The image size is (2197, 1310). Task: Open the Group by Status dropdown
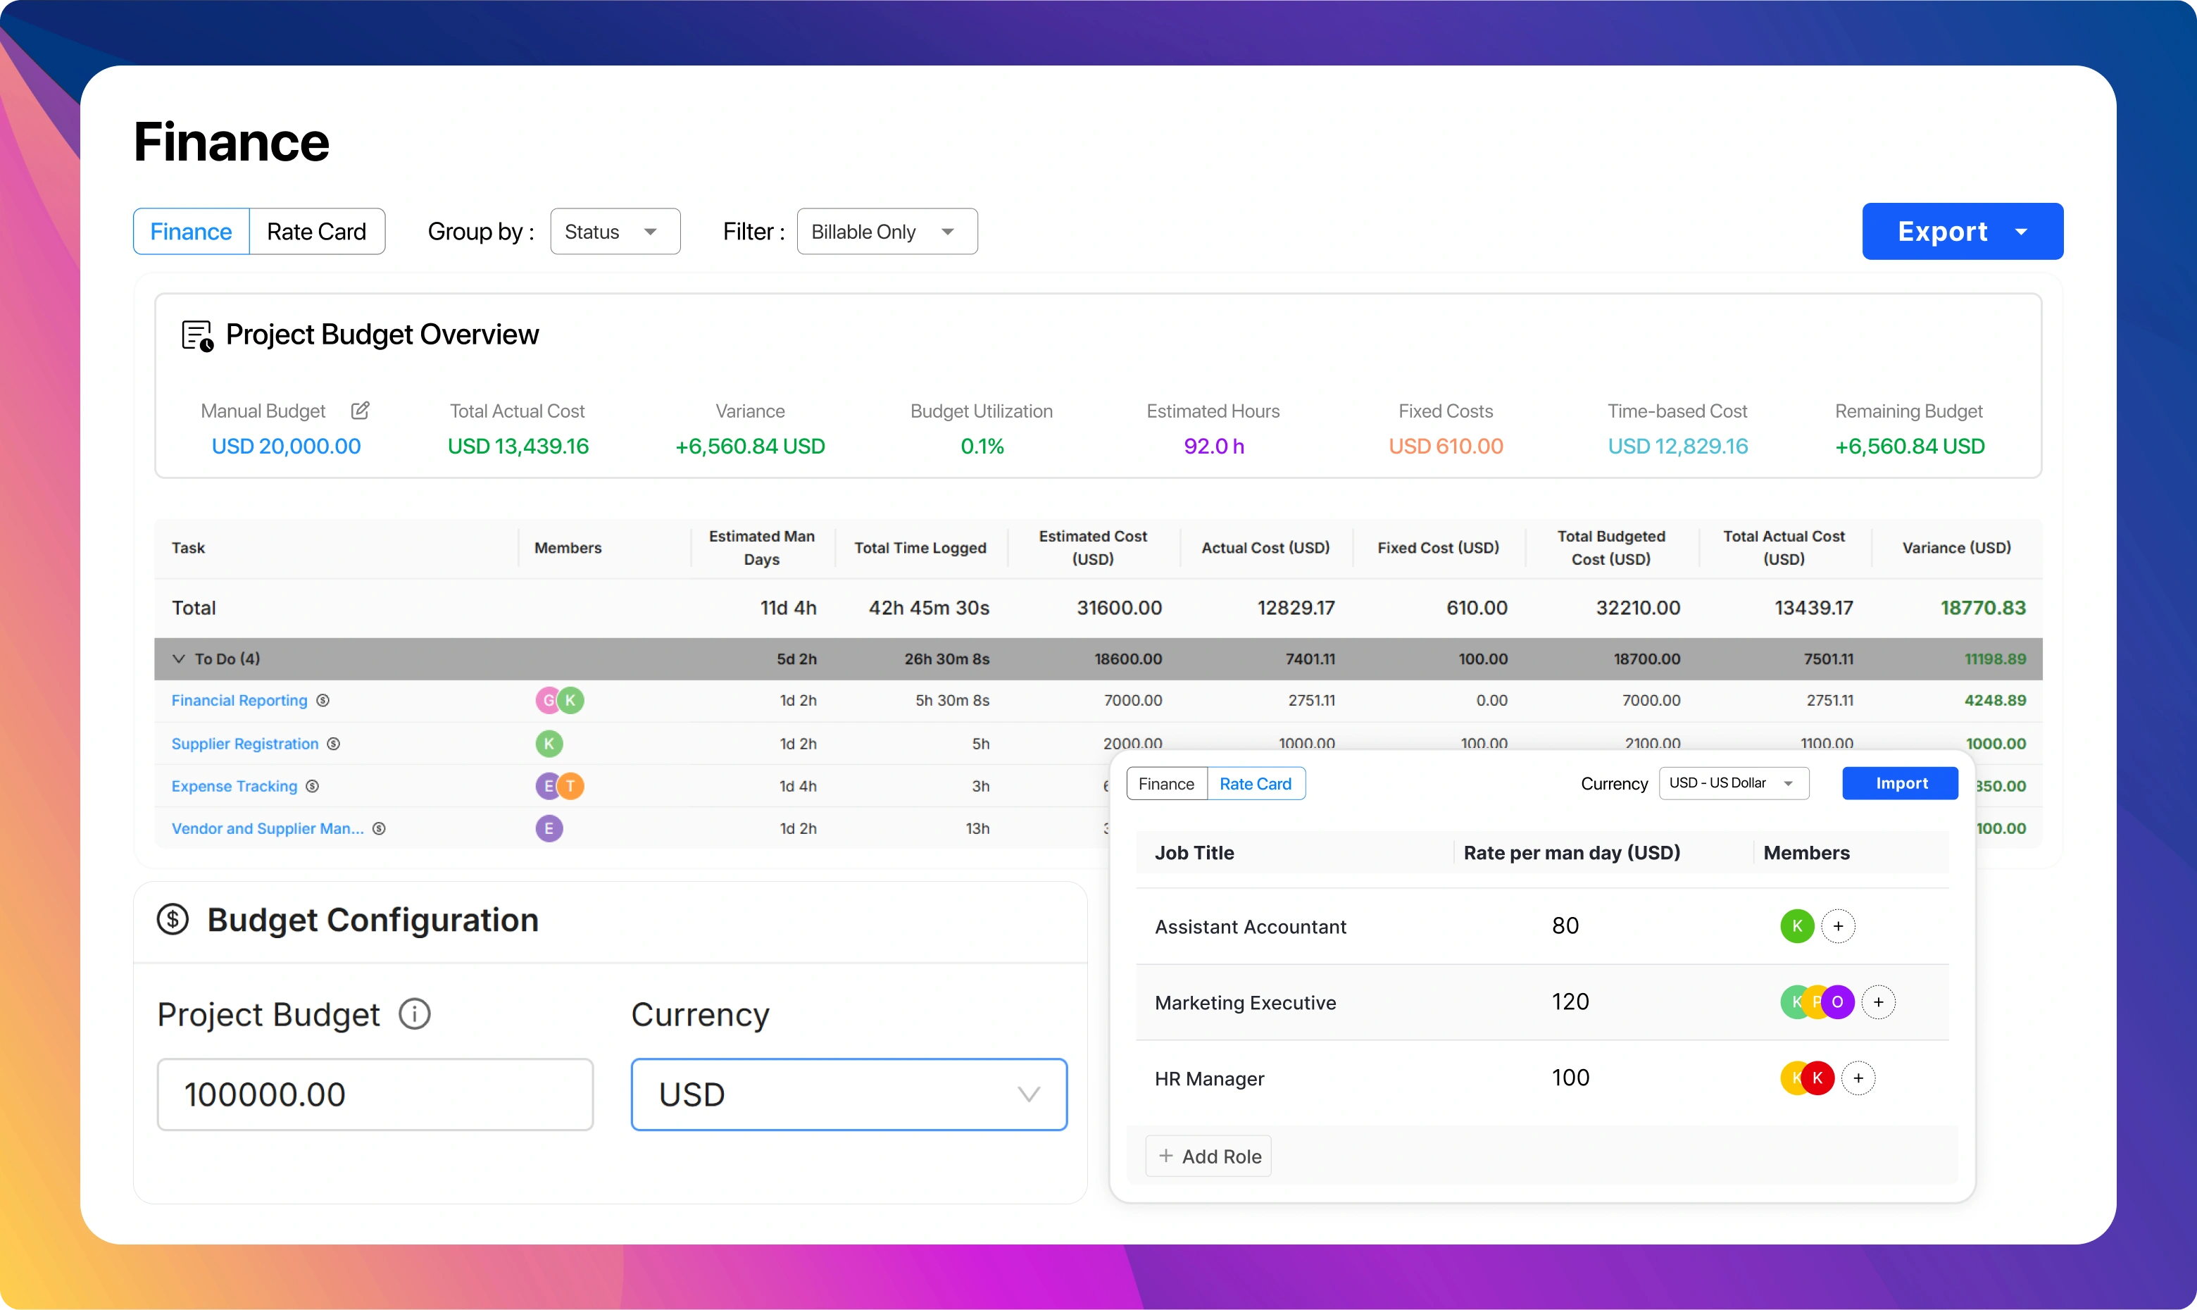(615, 231)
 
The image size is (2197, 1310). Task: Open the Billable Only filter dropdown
(886, 231)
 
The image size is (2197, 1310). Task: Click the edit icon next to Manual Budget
(360, 411)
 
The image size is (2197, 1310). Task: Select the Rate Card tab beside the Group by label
(317, 231)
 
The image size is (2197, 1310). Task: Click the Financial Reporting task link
(239, 700)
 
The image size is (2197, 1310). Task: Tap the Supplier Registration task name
(244, 743)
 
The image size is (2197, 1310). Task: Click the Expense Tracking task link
(234, 785)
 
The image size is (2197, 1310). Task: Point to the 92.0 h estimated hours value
(1213, 446)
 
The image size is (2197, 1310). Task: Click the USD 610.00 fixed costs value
(1445, 446)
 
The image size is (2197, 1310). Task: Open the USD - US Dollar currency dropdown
(1733, 783)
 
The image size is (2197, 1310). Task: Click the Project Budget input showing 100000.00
(375, 1094)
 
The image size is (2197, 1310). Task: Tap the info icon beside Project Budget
(415, 1013)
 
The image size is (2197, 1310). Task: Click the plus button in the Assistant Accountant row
(1838, 926)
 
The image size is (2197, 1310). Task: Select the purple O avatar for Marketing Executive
(1838, 1002)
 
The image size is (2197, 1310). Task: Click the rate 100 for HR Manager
(1570, 1078)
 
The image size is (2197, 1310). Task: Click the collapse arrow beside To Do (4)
(179, 659)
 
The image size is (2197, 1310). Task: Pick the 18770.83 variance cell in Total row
(1983, 607)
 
